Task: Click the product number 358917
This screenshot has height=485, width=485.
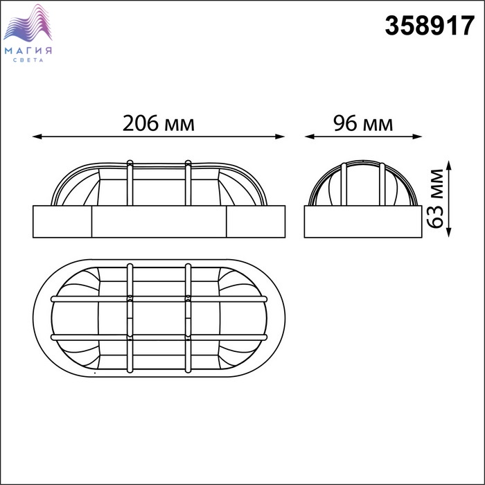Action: pos(430,26)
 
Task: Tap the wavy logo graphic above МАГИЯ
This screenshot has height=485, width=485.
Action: pos(28,23)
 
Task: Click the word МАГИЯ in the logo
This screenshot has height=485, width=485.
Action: pos(28,51)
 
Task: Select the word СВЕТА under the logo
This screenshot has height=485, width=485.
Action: pos(28,60)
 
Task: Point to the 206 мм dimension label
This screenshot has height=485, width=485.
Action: pos(159,123)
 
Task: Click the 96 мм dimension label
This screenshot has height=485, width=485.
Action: pos(363,123)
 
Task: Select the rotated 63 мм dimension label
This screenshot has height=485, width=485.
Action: pos(436,199)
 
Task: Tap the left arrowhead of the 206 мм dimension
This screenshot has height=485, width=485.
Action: pos(37,136)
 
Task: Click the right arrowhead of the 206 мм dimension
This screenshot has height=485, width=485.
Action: pos(280,136)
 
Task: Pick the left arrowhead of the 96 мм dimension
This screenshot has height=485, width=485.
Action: pos(309,136)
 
